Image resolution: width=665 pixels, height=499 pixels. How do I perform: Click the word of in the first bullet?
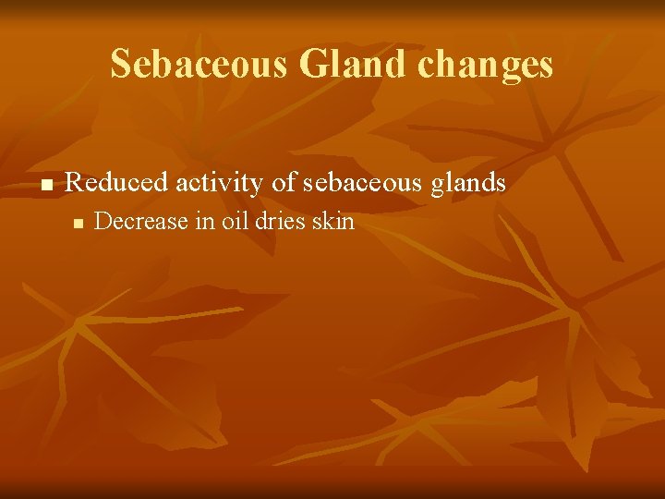point(284,183)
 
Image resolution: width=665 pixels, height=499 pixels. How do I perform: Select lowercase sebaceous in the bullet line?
point(366,183)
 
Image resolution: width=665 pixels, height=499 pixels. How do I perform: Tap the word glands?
point(472,183)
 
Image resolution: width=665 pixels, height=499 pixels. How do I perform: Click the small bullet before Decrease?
point(79,223)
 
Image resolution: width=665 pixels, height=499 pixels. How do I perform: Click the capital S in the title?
point(120,65)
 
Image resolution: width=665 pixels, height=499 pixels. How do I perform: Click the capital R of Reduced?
point(75,183)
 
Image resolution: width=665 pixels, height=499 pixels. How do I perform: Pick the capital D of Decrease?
point(103,222)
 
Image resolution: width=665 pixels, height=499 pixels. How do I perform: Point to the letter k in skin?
point(330,222)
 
